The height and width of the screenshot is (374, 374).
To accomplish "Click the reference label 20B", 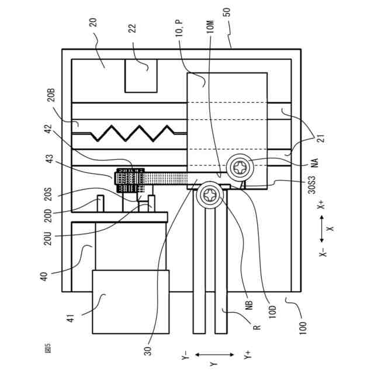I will coord(51,95).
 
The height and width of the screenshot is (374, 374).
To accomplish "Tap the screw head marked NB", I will coord(209,196).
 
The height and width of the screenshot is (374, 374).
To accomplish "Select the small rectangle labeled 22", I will coord(141,75).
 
